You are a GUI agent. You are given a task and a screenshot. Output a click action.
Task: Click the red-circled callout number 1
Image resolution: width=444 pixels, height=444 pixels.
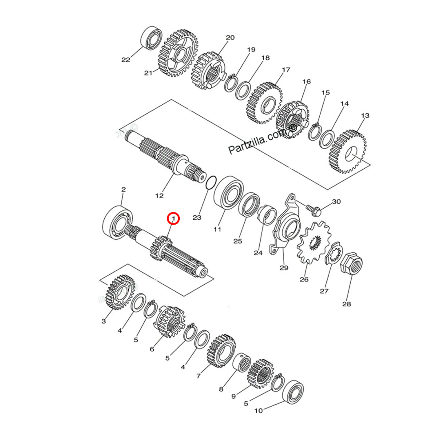click(173, 219)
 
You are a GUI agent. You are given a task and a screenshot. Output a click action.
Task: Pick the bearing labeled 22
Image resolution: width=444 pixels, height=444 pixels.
click(152, 39)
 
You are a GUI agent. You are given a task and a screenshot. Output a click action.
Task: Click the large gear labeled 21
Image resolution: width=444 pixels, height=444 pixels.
click(178, 54)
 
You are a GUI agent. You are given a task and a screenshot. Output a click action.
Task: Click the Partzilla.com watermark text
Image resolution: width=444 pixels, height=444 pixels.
click(262, 140)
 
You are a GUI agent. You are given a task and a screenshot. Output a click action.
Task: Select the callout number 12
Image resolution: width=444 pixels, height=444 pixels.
click(159, 195)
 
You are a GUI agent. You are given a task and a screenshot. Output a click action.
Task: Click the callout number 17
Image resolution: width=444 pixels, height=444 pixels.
click(286, 70)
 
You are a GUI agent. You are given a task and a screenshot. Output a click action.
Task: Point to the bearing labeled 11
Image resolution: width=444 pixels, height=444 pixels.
click(228, 192)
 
